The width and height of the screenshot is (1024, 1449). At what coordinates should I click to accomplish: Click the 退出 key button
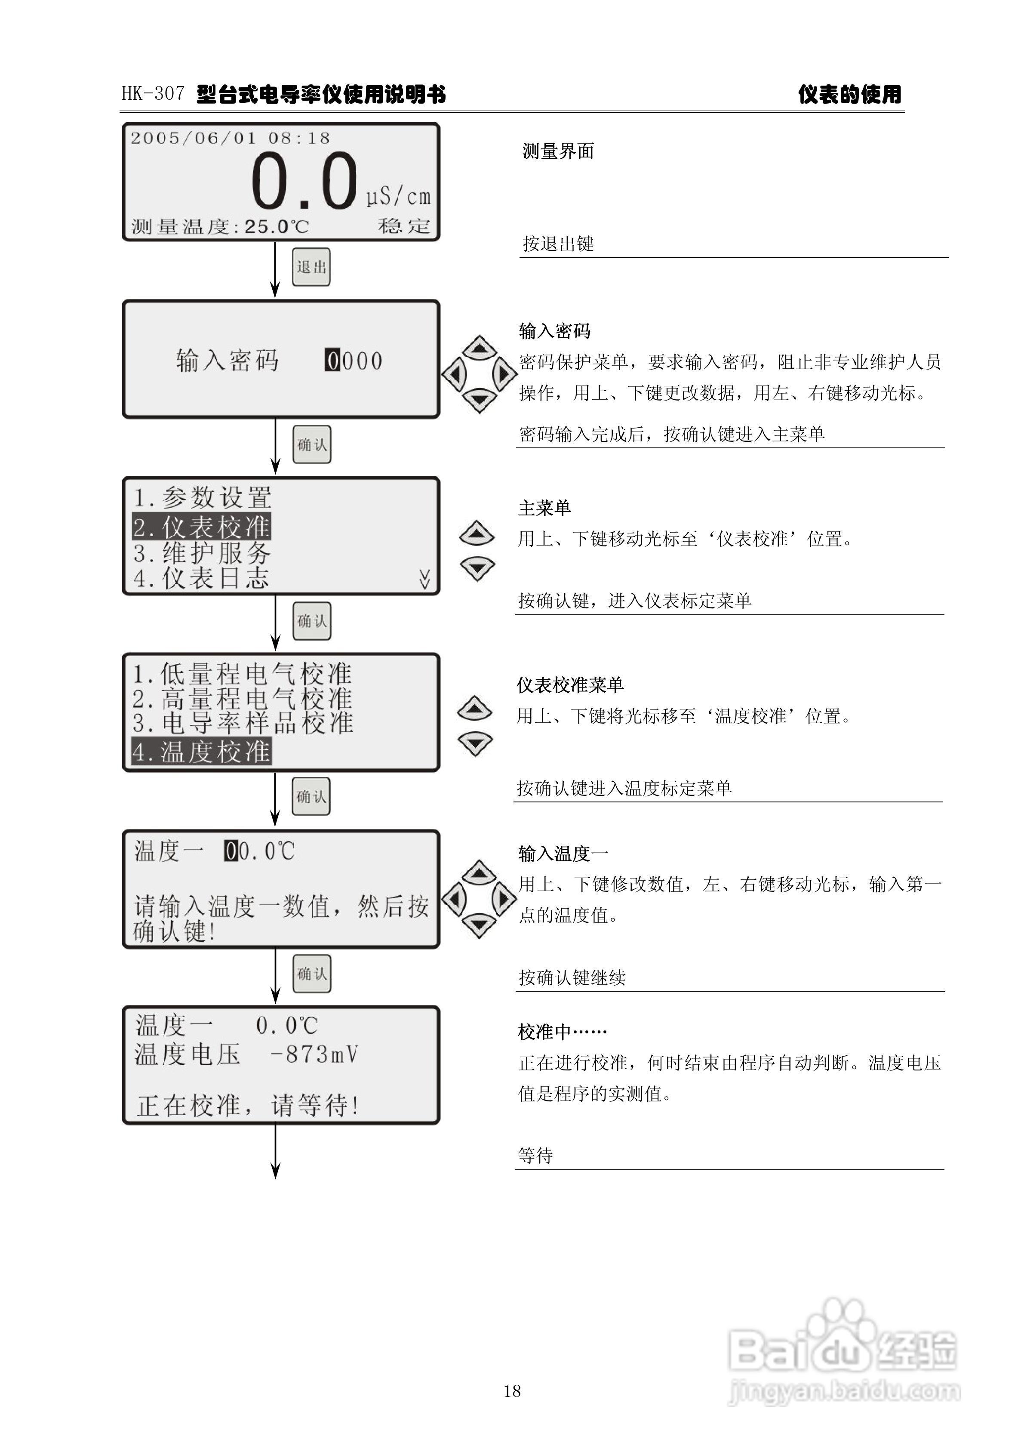(x=311, y=267)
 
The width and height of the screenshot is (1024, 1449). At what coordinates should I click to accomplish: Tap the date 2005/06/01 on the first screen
(x=193, y=138)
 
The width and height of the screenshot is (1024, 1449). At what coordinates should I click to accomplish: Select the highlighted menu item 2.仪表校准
(x=201, y=526)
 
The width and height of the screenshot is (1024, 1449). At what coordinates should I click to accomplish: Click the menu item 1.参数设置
(x=202, y=498)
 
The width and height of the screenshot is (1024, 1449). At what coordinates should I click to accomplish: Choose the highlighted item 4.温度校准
(x=201, y=752)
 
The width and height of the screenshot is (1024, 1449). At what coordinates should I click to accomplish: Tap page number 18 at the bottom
(x=512, y=1391)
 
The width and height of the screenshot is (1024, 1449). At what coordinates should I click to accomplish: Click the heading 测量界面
(x=558, y=151)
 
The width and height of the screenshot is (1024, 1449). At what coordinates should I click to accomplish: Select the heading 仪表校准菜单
(x=570, y=685)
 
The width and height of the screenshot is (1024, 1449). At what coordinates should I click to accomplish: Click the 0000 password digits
(x=354, y=361)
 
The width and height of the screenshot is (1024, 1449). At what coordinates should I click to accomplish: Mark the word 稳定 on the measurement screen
(x=404, y=226)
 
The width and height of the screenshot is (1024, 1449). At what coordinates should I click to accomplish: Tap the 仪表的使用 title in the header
(x=849, y=95)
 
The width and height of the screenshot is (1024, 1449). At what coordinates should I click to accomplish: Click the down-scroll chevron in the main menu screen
(x=424, y=579)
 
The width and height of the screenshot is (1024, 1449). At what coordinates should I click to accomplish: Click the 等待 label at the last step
(x=535, y=1156)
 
